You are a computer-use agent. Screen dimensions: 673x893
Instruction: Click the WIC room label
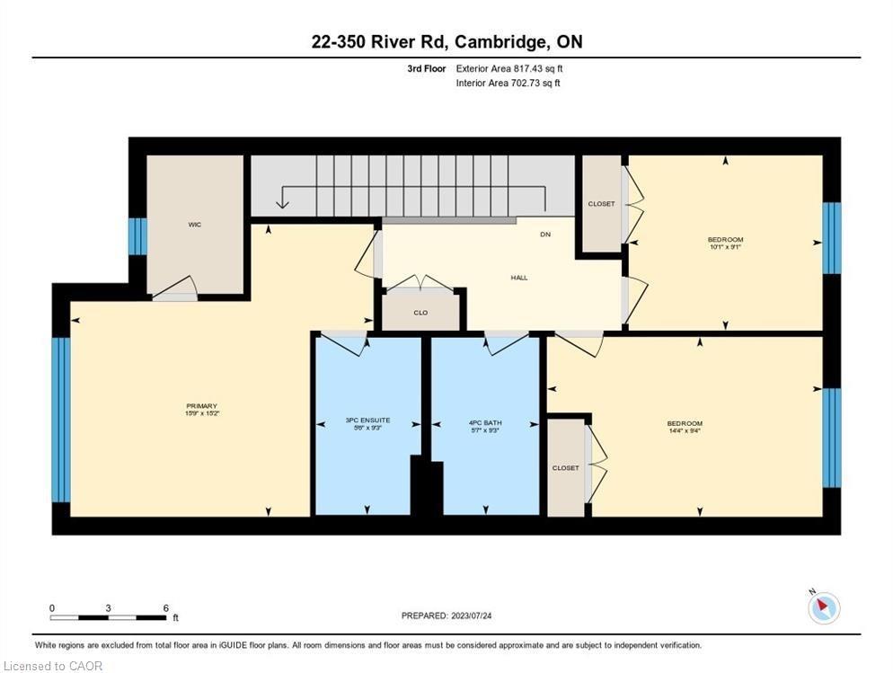click(x=194, y=225)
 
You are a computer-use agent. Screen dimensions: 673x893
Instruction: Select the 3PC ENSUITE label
click(x=367, y=421)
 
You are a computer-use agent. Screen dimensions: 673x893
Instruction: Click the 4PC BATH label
click(x=486, y=421)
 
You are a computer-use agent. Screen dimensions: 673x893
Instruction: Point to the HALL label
click(x=519, y=278)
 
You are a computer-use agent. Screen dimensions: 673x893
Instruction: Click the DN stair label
click(x=544, y=235)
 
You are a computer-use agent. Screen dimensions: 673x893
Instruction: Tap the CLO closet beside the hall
click(x=420, y=313)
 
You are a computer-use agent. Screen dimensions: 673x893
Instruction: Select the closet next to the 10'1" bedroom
click(x=601, y=204)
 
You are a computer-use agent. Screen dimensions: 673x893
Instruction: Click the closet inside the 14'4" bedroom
click(x=566, y=468)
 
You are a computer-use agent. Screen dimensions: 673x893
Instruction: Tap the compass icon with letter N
click(x=823, y=607)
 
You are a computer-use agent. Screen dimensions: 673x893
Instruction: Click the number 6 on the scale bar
click(x=166, y=608)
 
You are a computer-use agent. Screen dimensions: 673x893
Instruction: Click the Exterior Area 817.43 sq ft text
click(x=509, y=68)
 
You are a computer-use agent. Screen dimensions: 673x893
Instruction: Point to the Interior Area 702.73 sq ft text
click(x=508, y=83)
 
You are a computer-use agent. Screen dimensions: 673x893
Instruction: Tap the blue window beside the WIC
click(x=137, y=236)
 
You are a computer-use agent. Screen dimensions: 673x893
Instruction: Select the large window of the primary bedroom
click(x=60, y=419)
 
